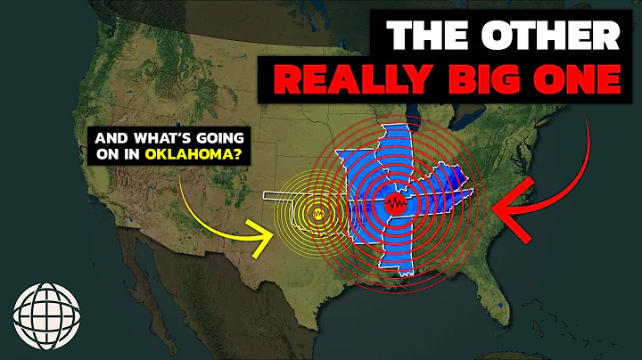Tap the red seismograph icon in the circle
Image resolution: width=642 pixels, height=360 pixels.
coord(396,205)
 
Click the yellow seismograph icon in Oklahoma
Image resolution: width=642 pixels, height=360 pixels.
coord(319,214)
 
